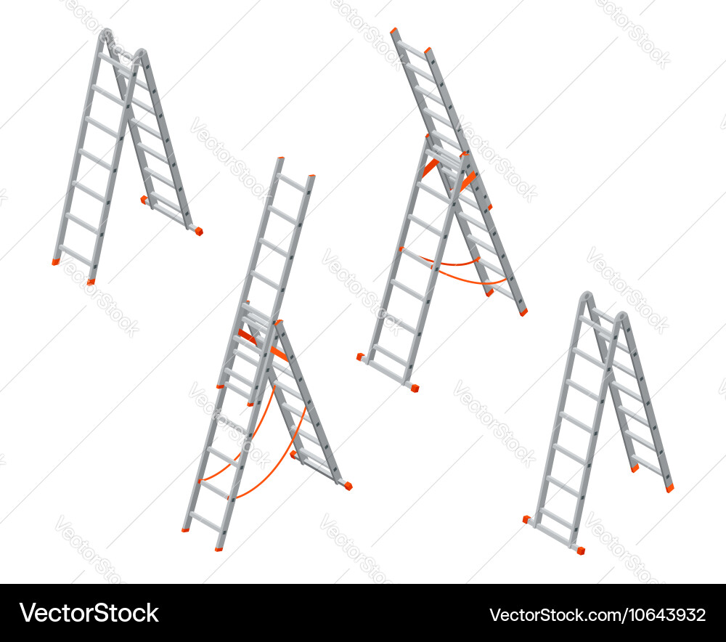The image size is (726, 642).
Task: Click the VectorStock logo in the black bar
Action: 89,613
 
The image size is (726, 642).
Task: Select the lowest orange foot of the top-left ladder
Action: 91,282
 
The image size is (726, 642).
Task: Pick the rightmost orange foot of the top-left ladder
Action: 198,232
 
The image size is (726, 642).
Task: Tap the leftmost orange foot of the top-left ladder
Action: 56,262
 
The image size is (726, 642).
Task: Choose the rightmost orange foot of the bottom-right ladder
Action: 669,489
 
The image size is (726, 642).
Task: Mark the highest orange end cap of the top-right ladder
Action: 394,31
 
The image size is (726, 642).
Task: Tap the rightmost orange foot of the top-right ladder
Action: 523,312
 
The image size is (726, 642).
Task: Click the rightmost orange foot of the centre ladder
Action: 348,486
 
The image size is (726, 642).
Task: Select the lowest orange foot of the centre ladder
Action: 219,549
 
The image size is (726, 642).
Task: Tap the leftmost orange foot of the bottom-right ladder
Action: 526,519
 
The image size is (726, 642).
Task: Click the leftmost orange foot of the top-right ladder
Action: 360,357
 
